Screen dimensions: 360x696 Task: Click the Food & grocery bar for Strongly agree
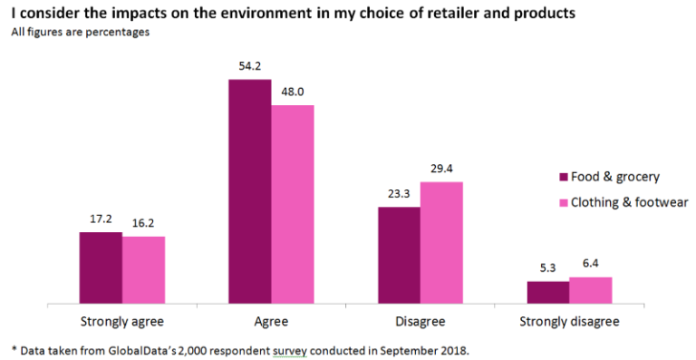101,268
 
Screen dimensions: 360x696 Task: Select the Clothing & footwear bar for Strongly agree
143,269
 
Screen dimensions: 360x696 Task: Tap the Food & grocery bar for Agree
249,191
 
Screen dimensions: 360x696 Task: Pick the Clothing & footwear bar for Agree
292,204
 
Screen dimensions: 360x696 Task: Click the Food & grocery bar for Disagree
399,255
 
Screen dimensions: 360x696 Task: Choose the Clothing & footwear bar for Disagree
441,242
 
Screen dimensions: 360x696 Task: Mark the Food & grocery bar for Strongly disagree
547,292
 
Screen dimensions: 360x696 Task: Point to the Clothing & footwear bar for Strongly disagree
590,290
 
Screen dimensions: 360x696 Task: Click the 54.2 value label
249,67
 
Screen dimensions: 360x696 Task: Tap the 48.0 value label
292,92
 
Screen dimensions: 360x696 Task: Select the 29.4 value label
441,169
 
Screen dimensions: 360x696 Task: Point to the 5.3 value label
547,268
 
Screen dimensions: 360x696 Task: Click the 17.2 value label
101,219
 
